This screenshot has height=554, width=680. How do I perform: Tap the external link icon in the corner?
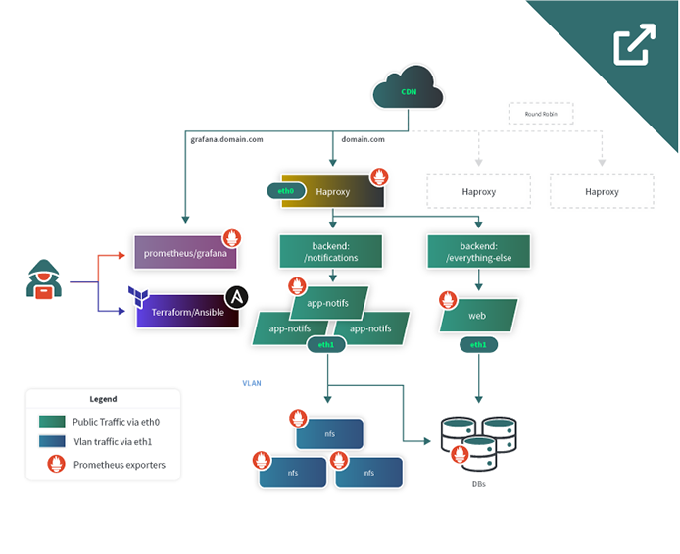tap(634, 46)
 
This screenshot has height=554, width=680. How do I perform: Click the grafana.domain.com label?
tap(226, 139)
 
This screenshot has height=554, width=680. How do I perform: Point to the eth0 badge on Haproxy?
tap(286, 192)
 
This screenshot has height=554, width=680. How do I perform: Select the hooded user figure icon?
tap(44, 279)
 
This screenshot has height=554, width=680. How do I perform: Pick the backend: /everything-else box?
tap(478, 250)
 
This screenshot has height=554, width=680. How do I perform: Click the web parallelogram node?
tap(477, 317)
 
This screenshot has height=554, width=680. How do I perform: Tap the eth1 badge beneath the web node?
tap(478, 345)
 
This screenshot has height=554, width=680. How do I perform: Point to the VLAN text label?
tap(253, 383)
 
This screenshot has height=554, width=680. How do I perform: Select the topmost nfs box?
tap(330, 433)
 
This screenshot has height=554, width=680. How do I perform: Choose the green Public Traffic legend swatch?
tap(51, 421)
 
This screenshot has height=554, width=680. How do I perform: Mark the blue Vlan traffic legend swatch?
tap(51, 442)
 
